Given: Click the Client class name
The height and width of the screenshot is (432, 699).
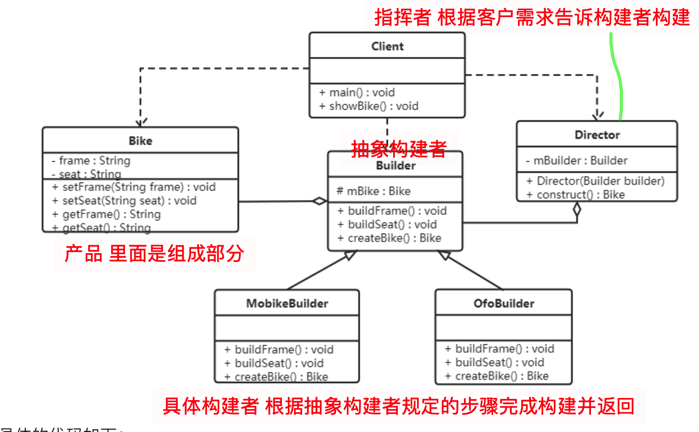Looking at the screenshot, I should pyautogui.click(x=387, y=46).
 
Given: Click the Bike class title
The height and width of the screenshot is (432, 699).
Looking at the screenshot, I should pyautogui.click(x=140, y=141).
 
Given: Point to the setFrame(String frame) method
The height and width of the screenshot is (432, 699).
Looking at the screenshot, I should pyautogui.click(x=134, y=187).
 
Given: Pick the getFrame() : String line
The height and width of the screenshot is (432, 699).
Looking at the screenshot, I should pyautogui.click(x=106, y=214).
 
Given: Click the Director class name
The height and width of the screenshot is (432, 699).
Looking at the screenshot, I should pyautogui.click(x=597, y=135).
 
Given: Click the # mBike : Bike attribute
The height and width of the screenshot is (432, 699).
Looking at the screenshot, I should pyautogui.click(x=373, y=191).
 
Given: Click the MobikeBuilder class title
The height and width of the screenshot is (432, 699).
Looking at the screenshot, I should pyautogui.click(x=287, y=304).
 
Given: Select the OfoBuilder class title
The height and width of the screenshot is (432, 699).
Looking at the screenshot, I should pyautogui.click(x=503, y=303).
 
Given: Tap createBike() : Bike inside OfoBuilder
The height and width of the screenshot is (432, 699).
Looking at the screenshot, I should pyautogui.click(x=496, y=376).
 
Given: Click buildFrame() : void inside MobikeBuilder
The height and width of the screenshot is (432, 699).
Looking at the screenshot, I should pyautogui.click(x=279, y=350).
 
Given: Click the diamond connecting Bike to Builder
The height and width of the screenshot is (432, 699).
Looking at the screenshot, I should pyautogui.click(x=319, y=201).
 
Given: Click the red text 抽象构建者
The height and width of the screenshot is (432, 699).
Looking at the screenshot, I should pyautogui.click(x=398, y=149).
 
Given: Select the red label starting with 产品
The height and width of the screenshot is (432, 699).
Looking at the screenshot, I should pyautogui.click(x=154, y=254).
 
